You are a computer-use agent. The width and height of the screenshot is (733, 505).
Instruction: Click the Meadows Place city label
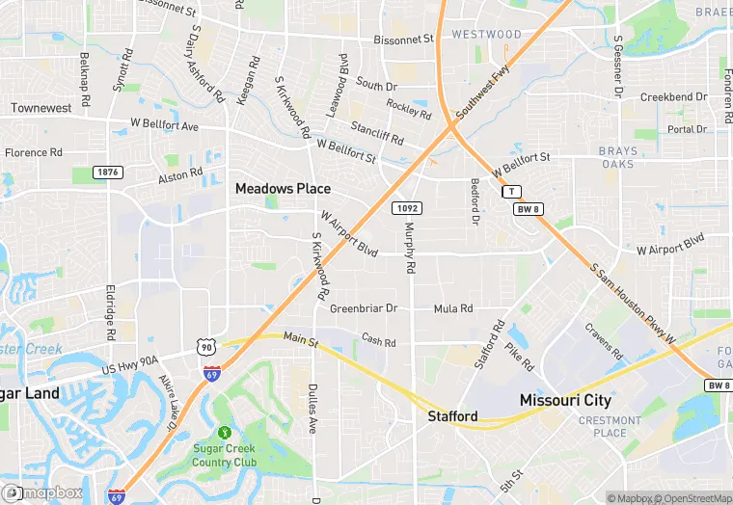coord(283,189)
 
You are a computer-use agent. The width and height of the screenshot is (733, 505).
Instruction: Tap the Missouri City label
coord(565,399)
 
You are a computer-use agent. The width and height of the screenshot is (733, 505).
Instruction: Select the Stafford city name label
coord(452,416)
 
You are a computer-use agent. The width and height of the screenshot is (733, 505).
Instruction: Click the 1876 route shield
coord(108,172)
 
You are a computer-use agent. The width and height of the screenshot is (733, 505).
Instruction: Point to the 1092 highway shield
coord(405,208)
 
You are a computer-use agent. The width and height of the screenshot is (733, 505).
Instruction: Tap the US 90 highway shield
coord(205,345)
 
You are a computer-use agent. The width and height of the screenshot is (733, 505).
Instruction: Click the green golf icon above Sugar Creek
coord(225,433)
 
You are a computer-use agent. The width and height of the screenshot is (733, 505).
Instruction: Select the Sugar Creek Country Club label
coord(224,456)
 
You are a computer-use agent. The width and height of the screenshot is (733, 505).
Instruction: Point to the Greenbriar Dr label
coord(364,308)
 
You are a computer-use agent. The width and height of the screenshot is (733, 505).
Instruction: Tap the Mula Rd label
coord(453,308)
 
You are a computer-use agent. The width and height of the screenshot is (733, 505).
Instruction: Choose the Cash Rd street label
coord(378,342)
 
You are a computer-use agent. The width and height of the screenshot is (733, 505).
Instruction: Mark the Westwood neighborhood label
coord(486,34)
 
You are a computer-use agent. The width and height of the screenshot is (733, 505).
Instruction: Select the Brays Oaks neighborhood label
coord(617,157)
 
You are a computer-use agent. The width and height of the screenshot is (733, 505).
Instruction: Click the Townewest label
coord(41,108)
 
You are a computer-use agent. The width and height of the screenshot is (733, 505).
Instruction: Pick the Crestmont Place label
coord(610,426)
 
